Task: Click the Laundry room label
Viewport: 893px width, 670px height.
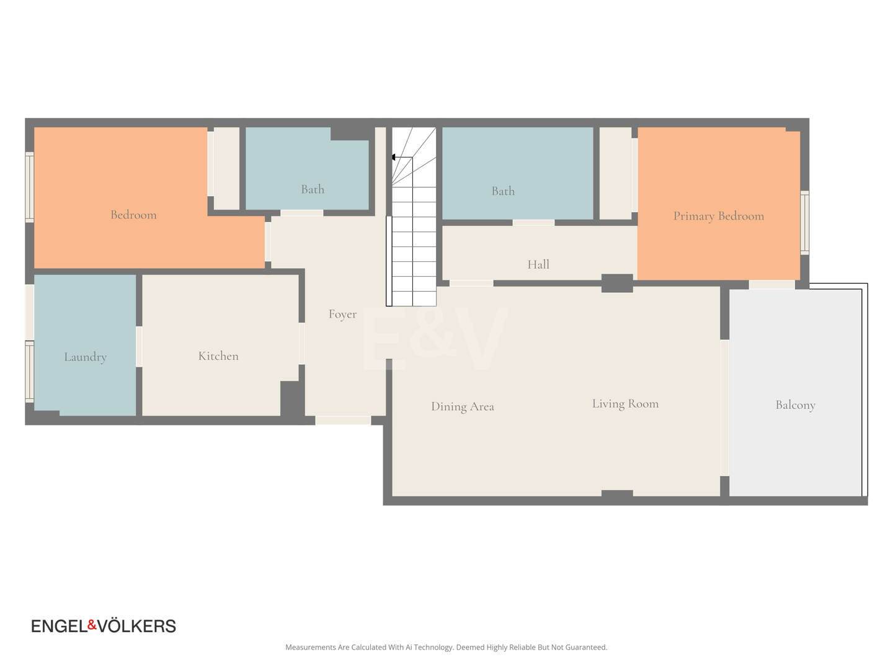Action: pyautogui.click(x=86, y=357)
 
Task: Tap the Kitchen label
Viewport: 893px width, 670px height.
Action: pyautogui.click(x=218, y=356)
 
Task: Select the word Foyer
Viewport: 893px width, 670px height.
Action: pyautogui.click(x=342, y=314)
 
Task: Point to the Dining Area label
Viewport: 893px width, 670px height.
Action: pyautogui.click(x=463, y=406)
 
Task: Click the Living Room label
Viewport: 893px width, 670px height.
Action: pyautogui.click(x=625, y=403)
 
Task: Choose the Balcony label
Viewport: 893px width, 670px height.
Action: pyautogui.click(x=796, y=404)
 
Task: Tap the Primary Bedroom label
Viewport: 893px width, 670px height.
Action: pyautogui.click(x=719, y=216)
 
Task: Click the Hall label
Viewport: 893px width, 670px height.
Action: pyautogui.click(x=538, y=264)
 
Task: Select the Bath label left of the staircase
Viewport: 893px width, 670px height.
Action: pyautogui.click(x=313, y=189)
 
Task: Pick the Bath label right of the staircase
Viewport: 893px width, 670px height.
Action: pyautogui.click(x=503, y=191)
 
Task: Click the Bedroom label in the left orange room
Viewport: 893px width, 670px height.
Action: pyautogui.click(x=133, y=215)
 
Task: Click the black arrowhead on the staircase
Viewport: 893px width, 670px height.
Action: pyautogui.click(x=393, y=157)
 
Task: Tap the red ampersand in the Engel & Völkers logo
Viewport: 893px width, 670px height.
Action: pyautogui.click(x=92, y=625)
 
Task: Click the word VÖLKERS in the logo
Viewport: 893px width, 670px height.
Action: pyautogui.click(x=137, y=626)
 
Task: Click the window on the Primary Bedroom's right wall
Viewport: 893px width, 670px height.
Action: pyautogui.click(x=805, y=223)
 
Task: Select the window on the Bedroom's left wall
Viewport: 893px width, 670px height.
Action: pyautogui.click(x=30, y=187)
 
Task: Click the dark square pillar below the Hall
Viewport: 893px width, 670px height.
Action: pyautogui.click(x=617, y=283)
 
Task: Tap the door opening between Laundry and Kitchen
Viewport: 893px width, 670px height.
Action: pyautogui.click(x=139, y=347)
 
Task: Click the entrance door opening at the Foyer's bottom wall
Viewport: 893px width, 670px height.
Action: pyautogui.click(x=343, y=420)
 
